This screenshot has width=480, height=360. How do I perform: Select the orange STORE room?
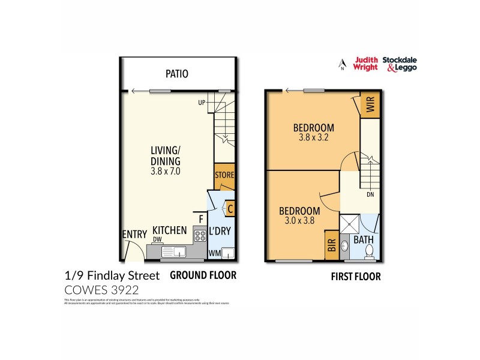pos(224,175)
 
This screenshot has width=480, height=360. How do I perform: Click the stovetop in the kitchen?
pos(199,237)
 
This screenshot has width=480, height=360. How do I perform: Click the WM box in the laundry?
pos(214,253)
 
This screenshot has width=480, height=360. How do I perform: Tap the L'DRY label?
pos(220,232)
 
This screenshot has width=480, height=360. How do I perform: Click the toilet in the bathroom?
pos(370,250)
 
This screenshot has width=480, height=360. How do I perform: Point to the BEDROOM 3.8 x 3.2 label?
pos(313,132)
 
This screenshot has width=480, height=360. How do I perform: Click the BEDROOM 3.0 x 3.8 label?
pos(299,215)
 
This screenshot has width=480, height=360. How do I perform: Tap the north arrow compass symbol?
pos(342,64)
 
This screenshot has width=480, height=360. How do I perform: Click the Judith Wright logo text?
pos(366,64)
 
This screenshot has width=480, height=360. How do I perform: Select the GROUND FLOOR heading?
pos(203,275)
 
